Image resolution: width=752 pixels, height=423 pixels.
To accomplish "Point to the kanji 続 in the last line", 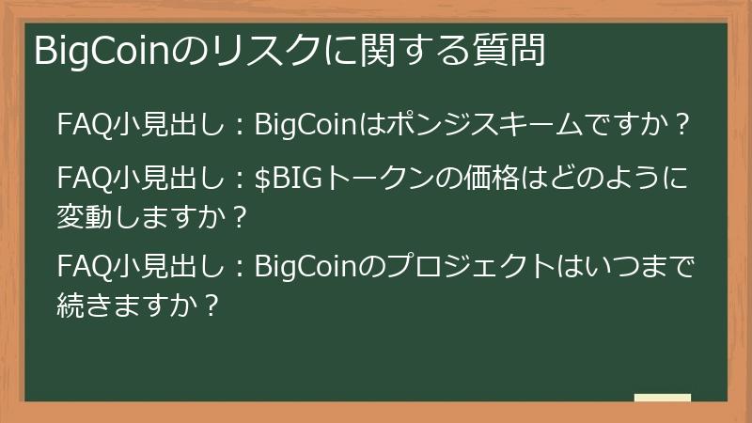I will [x=70, y=305].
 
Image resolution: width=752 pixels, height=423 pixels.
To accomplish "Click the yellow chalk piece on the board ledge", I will [x=662, y=399].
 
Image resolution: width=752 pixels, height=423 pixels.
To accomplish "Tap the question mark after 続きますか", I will [x=211, y=305].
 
